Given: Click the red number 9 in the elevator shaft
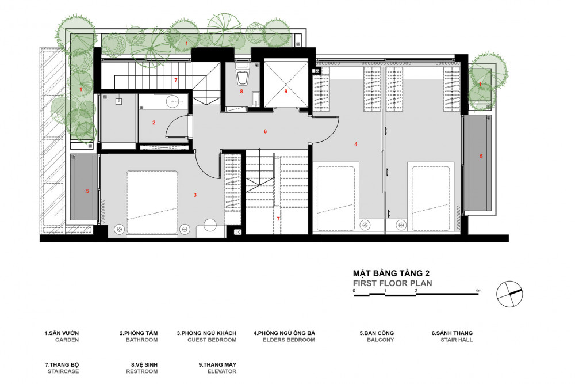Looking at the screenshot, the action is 286,91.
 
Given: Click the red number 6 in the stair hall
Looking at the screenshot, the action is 265,131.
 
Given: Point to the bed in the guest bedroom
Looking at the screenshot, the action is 152,202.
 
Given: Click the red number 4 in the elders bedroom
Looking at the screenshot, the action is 356,145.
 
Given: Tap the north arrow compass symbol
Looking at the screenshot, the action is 509,294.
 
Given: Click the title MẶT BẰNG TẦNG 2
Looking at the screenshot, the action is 391,273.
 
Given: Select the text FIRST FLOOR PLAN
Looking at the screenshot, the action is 392,283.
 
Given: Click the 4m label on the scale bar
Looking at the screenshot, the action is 478,291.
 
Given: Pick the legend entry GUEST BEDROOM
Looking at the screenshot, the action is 212,340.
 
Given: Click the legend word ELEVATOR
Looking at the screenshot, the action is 222,371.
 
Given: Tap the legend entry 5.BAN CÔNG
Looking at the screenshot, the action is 377,333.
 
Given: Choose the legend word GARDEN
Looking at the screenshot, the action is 67,340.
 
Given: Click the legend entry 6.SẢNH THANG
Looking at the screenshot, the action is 452,333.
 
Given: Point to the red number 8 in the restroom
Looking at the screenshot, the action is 241,91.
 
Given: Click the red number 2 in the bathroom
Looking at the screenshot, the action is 154,123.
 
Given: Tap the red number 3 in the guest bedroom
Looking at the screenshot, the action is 195,195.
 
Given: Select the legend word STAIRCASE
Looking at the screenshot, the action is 63,371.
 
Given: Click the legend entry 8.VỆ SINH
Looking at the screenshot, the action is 144,364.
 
